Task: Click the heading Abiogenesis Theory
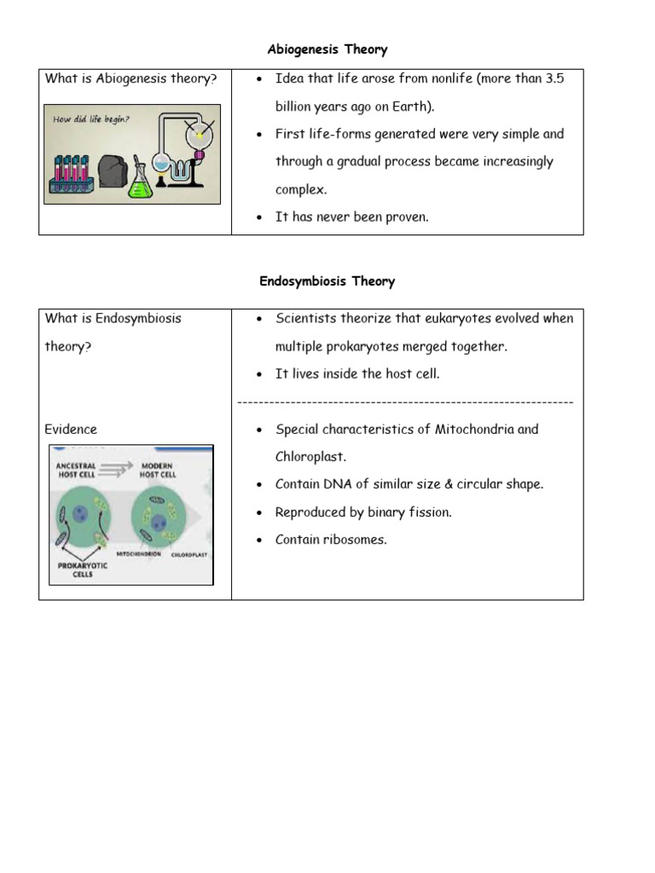327,49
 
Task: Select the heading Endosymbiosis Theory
327,281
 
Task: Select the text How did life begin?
90,119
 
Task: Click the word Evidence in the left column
71,429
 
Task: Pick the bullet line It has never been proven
351,217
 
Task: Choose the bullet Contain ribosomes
331,539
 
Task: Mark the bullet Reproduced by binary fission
363,512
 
